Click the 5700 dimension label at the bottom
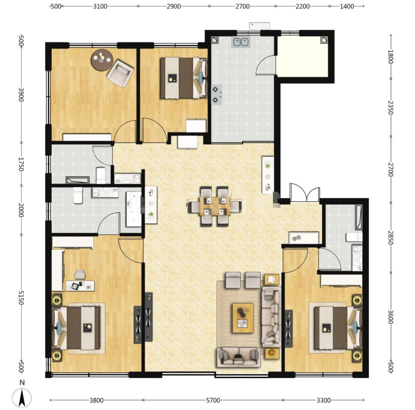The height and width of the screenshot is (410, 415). tap(213, 400)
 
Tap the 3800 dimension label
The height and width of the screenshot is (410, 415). tap(96, 400)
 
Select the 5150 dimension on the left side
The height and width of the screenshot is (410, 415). tap(21, 298)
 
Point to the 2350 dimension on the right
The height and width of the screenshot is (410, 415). tap(390, 108)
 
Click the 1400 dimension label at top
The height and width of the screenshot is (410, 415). tap(347, 7)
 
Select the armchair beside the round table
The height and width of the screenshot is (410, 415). tap(120, 73)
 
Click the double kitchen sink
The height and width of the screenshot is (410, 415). tap(241, 42)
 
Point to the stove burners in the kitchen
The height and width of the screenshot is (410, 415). tap(217, 95)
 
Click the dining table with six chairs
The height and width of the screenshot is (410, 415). tap(215, 206)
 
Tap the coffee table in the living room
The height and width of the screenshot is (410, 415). tap(243, 318)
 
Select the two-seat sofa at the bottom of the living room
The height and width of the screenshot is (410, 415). tap(239, 357)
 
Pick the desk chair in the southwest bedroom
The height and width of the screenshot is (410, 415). tap(80, 274)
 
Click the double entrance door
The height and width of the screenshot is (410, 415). tap(304, 193)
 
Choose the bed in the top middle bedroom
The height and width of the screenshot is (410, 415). tap(183, 78)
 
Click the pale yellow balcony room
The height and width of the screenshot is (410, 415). tap(302, 57)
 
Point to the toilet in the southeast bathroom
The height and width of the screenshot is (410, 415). tap(354, 237)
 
